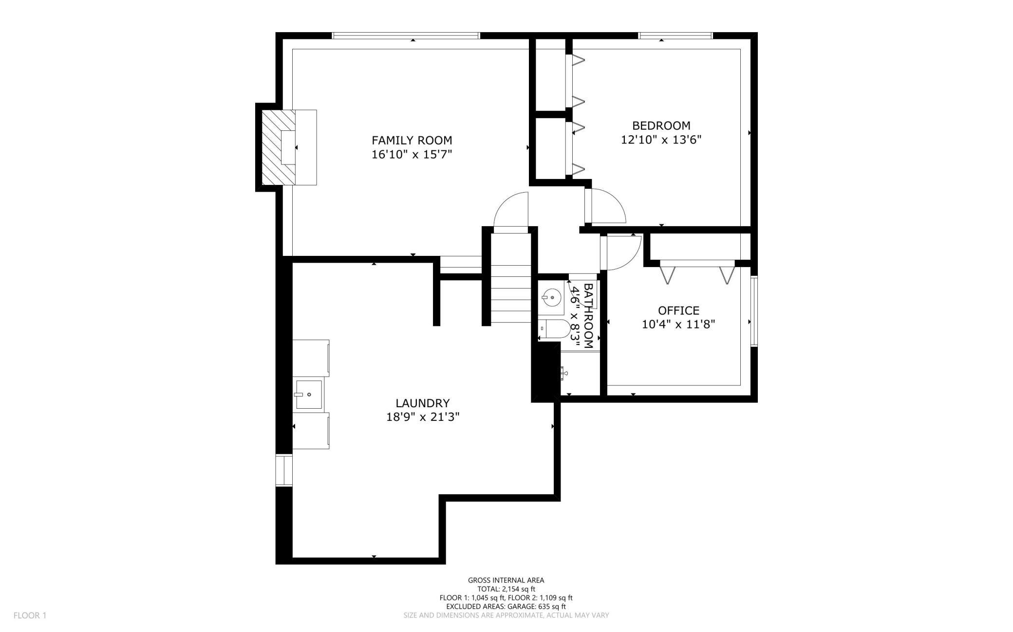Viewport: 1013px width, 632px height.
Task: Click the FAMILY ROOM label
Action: pos(412,141)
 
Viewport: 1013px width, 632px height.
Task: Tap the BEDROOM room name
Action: pos(661,126)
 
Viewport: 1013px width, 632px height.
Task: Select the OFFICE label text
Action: pos(678,310)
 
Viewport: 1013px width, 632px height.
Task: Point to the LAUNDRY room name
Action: pos(422,403)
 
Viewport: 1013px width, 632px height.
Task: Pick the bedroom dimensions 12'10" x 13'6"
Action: pos(661,140)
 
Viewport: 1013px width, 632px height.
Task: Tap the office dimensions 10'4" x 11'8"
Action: pos(678,324)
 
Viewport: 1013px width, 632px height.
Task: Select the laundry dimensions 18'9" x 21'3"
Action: pos(423,417)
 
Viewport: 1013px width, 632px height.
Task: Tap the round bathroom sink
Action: pos(552,296)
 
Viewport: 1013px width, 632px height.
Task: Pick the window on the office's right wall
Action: pos(754,311)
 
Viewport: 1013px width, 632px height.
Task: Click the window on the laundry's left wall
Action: pos(283,470)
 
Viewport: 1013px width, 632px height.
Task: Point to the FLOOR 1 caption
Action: pos(30,615)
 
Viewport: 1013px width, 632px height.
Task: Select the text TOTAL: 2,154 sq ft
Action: pos(506,589)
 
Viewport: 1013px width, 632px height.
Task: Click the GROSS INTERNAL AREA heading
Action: pos(506,580)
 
